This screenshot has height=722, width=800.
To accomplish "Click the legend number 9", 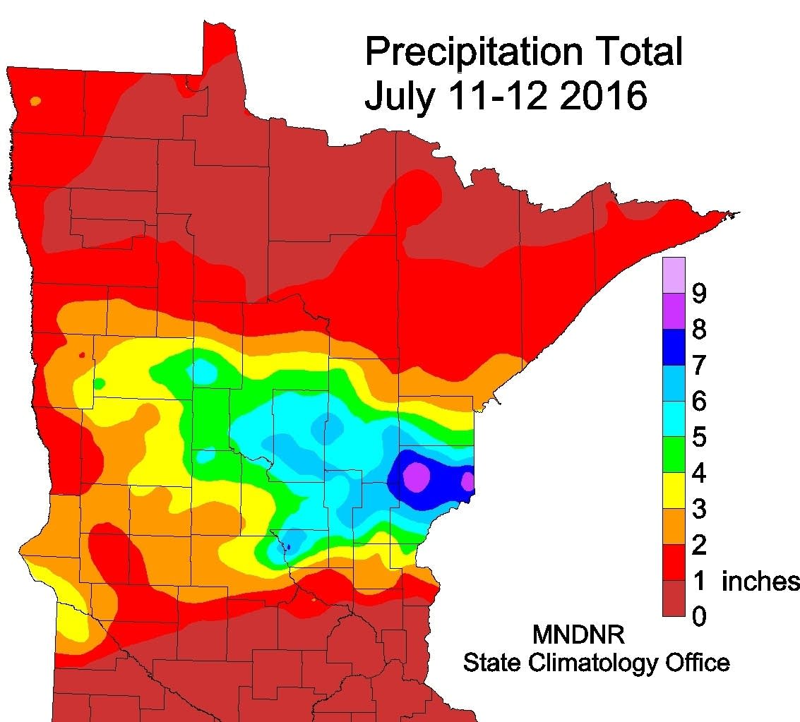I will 698,294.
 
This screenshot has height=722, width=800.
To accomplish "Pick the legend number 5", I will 698,438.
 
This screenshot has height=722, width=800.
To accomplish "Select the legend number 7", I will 698,366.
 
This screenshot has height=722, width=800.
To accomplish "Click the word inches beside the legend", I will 760,582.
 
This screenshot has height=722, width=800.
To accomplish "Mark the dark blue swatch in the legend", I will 674,347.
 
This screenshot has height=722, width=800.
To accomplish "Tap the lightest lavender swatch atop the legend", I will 674,275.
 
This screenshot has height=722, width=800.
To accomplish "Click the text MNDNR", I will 578,635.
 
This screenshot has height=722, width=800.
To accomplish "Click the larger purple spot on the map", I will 417,477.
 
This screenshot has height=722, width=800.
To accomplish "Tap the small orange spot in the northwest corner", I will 36,101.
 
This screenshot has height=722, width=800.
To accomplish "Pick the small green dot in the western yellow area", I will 99,383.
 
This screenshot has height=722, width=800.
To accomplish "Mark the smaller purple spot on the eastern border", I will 467,481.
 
